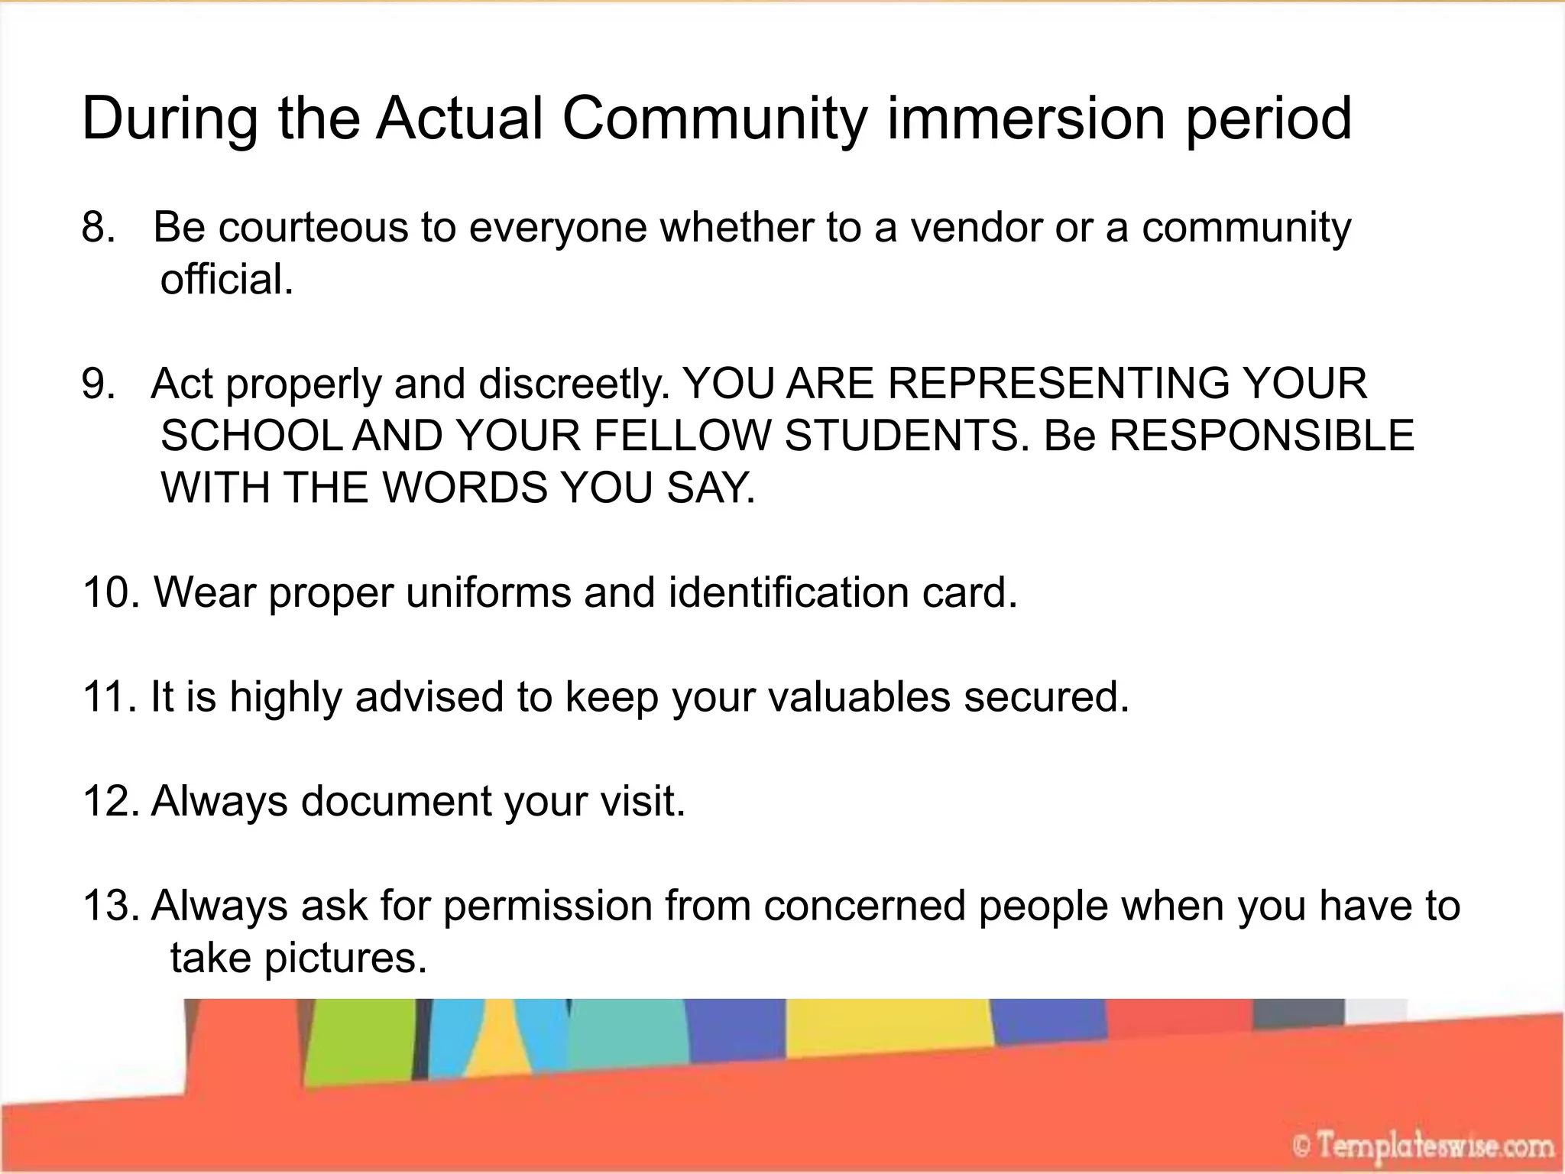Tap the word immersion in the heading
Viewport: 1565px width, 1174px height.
(1026, 118)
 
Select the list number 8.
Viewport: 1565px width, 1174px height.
(98, 228)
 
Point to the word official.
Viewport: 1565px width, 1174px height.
(226, 280)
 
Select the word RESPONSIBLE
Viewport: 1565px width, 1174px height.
(1261, 436)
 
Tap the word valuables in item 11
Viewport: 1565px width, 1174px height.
(859, 697)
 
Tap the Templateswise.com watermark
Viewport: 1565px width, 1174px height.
(1423, 1147)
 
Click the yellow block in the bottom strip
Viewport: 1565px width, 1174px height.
(886, 1028)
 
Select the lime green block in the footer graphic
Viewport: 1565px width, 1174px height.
(359, 1043)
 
